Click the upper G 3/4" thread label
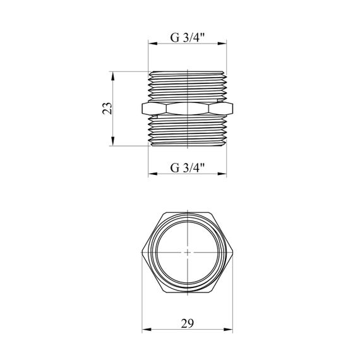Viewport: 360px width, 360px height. [187, 37]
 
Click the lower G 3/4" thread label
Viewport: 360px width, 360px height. [187, 168]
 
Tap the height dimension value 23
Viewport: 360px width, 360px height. [107, 109]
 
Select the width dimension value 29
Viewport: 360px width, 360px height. [188, 323]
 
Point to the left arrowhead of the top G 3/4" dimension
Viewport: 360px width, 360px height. [153, 44]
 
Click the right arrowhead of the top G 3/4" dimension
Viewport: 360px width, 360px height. [222, 44]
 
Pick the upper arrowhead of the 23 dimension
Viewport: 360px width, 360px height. [112, 76]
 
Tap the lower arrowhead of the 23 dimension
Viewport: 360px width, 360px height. [112, 141]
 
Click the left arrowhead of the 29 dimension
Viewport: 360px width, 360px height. [147, 330]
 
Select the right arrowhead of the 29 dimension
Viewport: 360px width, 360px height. [228, 330]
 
